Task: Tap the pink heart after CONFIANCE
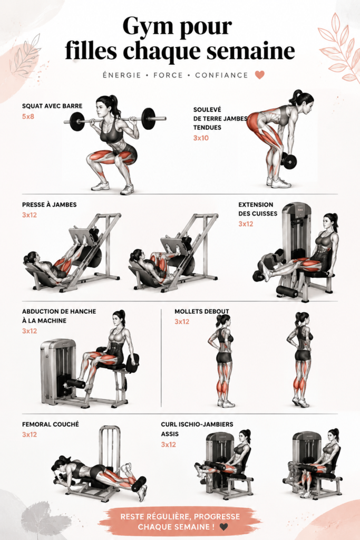coord(259,75)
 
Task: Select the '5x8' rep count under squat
coord(28,117)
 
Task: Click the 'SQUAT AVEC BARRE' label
coord(52,106)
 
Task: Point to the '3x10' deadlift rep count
coord(201,138)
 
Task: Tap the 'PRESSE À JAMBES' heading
coord(50,205)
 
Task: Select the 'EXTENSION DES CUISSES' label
coord(258,209)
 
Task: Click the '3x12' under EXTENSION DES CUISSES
coord(246,224)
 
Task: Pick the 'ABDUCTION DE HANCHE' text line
coord(59,311)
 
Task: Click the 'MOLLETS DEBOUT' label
coord(202,311)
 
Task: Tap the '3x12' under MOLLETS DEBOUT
coord(182,322)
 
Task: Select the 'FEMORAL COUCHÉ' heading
coord(51,425)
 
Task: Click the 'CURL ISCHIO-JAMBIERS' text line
coord(197,425)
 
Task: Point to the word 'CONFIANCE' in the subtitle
coord(222,75)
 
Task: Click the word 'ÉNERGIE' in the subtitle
coord(122,75)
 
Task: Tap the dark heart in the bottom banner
coord(223,527)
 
